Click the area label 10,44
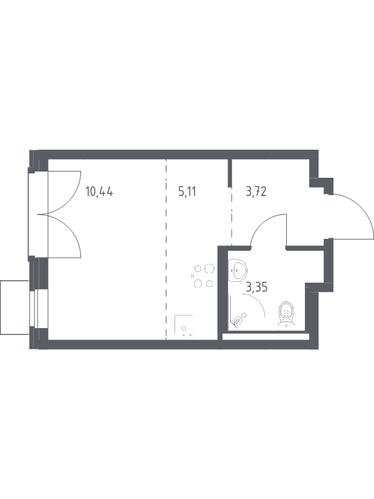(x=99, y=192)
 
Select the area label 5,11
(x=187, y=192)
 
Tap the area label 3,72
(x=256, y=192)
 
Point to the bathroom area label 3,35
(x=257, y=288)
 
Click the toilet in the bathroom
(x=287, y=315)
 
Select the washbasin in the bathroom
(x=237, y=270)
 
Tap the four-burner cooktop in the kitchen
(x=204, y=276)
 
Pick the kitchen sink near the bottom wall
(x=184, y=326)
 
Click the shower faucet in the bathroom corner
(x=239, y=319)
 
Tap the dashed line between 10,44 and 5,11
(x=166, y=249)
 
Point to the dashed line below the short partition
(x=231, y=216)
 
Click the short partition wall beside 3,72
(x=229, y=173)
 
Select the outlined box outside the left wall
(x=15, y=307)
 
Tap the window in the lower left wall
(x=34, y=308)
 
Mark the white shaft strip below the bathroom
(x=266, y=336)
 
